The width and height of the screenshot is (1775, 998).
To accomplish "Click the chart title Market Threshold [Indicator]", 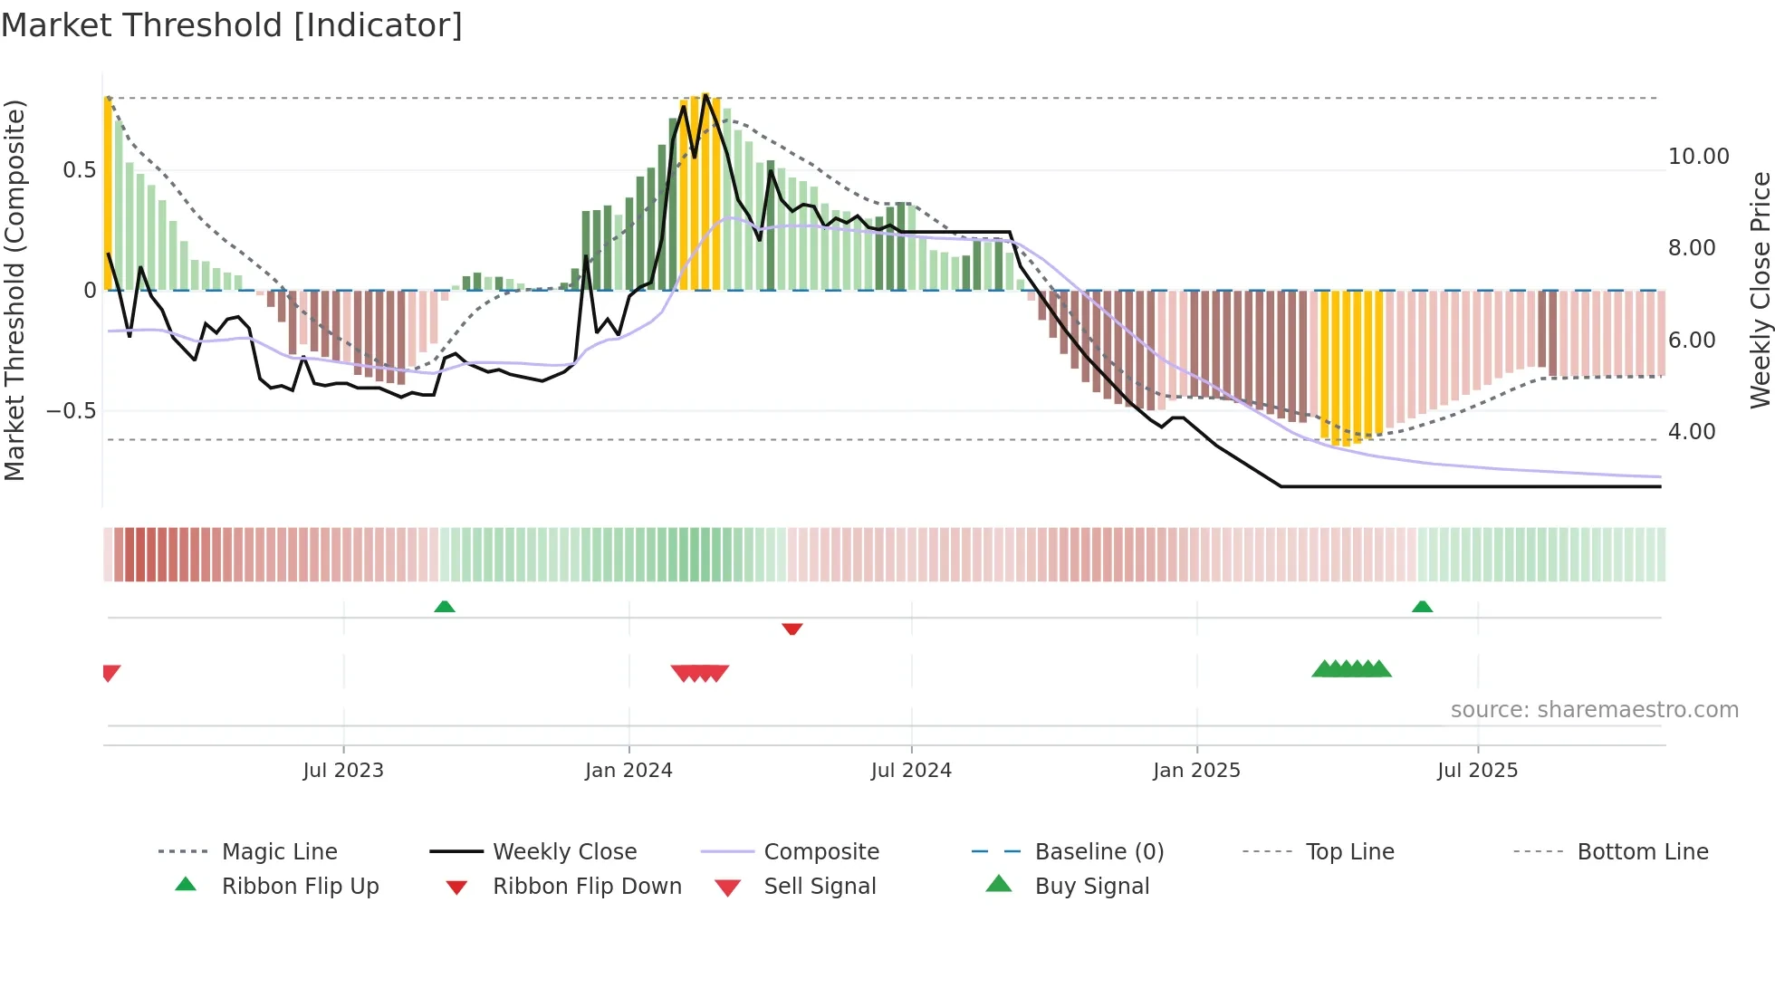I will pyautogui.click(x=232, y=25).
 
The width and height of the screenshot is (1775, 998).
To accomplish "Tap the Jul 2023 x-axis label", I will pyautogui.click(x=343, y=771).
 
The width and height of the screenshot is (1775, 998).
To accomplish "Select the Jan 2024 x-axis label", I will pyautogui.click(x=628, y=771).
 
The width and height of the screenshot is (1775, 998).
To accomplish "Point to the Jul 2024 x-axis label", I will pyautogui.click(x=911, y=771).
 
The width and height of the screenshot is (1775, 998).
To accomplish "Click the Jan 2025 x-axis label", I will pyautogui.click(x=1196, y=771).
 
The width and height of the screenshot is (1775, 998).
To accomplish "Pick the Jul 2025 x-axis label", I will pyautogui.click(x=1477, y=771).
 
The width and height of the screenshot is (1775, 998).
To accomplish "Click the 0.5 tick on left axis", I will pyautogui.click(x=79, y=170).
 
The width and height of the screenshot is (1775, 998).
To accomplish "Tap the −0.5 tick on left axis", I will pyautogui.click(x=71, y=411).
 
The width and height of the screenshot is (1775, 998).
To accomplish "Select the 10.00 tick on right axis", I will pyautogui.click(x=1698, y=157).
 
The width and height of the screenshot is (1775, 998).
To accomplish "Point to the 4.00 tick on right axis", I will pyautogui.click(x=1692, y=432).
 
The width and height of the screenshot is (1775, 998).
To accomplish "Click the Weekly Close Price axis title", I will pyautogui.click(x=1760, y=290).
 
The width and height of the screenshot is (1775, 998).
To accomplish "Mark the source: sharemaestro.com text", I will pyautogui.click(x=1594, y=710).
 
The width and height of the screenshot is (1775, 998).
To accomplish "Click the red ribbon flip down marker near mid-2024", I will pyautogui.click(x=792, y=629).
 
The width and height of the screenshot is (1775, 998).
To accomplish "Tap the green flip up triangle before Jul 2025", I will pyautogui.click(x=1422, y=607).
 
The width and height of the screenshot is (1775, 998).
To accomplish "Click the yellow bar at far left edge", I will pyautogui.click(x=108, y=195).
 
